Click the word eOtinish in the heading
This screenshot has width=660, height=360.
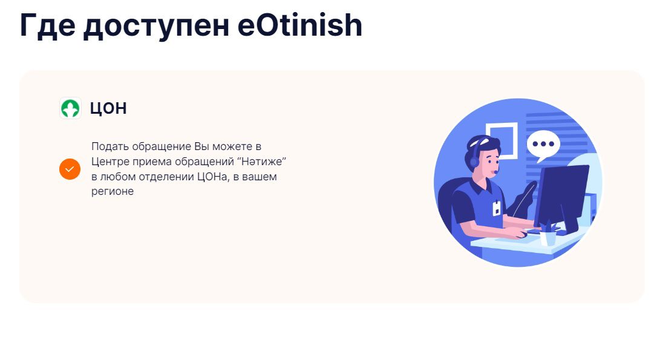(x=299, y=25)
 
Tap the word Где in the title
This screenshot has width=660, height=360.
(x=47, y=26)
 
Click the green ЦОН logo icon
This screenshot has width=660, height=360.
(x=70, y=108)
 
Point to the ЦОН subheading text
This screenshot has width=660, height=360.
(x=108, y=109)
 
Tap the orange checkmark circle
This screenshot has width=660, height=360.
(x=70, y=169)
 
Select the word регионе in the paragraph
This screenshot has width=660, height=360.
(x=113, y=192)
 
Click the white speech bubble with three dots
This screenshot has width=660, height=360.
(x=543, y=145)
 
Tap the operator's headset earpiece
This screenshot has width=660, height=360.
(x=474, y=162)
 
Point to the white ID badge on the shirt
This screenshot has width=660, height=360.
(x=497, y=208)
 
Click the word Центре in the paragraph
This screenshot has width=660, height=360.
(x=110, y=162)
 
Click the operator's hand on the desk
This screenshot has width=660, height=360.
(x=519, y=234)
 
